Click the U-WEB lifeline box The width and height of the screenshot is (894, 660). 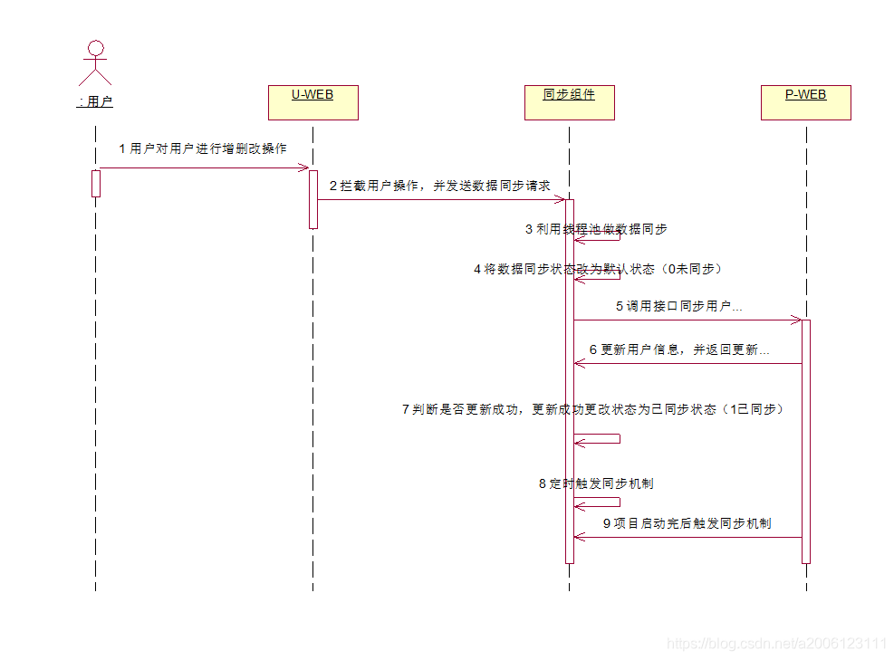(312, 102)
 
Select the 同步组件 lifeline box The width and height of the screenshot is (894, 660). (569, 102)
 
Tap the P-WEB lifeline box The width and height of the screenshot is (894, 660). (805, 102)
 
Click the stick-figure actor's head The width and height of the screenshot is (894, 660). (95, 48)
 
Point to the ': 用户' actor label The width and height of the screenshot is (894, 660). (95, 102)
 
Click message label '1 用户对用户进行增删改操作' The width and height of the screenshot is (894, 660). (203, 148)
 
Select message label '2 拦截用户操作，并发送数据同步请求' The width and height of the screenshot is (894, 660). (439, 186)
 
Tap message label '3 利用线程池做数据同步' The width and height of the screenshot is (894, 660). (596, 229)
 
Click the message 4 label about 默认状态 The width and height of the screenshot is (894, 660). (598, 269)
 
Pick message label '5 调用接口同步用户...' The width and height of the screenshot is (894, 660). (679, 306)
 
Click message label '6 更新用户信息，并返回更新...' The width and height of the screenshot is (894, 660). (679, 349)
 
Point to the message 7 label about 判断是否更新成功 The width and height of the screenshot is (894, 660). (592, 409)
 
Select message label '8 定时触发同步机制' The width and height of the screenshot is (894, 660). (596, 483)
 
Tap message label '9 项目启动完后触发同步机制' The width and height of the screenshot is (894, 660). (687, 523)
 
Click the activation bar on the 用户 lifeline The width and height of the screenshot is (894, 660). (95, 183)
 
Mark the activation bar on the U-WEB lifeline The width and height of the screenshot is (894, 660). (313, 199)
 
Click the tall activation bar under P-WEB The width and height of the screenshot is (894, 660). (805, 441)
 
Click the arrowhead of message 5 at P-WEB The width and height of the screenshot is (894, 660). (796, 320)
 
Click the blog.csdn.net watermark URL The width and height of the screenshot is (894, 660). (776, 644)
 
